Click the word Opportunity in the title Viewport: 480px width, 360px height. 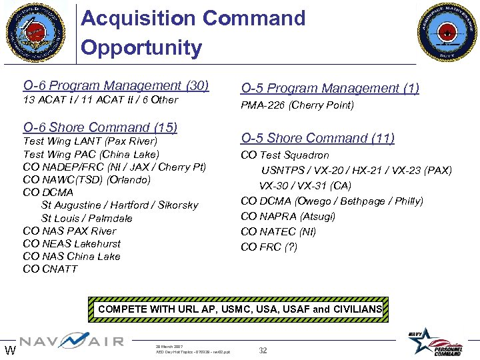pyautogui.click(x=141, y=48)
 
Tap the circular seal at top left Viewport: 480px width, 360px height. pyautogui.click(x=36, y=32)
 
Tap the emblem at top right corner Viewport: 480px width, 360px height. pyautogui.click(x=447, y=32)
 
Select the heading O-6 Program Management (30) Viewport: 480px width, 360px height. pyautogui.click(x=116, y=85)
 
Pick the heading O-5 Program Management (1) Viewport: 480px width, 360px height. pyautogui.click(x=330, y=88)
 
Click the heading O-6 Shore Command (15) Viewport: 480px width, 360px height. pyautogui.click(x=100, y=127)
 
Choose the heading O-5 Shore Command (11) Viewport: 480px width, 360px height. pyautogui.click(x=317, y=138)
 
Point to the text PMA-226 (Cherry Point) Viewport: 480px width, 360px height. pyautogui.click(x=297, y=105)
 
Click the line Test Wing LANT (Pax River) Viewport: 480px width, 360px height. pyautogui.click(x=90, y=141)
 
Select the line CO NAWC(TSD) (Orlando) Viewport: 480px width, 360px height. pyautogui.click(x=87, y=179)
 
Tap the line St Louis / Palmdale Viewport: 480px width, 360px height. pyautogui.click(x=87, y=218)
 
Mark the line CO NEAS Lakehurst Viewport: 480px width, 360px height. pyautogui.click(x=72, y=243)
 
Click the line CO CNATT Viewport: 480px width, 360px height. pyautogui.click(x=50, y=269)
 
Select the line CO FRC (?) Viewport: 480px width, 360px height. pyautogui.click(x=269, y=247)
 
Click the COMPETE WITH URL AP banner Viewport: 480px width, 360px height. pyautogui.click(x=240, y=309)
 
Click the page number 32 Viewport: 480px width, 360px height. pyautogui.click(x=263, y=351)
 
